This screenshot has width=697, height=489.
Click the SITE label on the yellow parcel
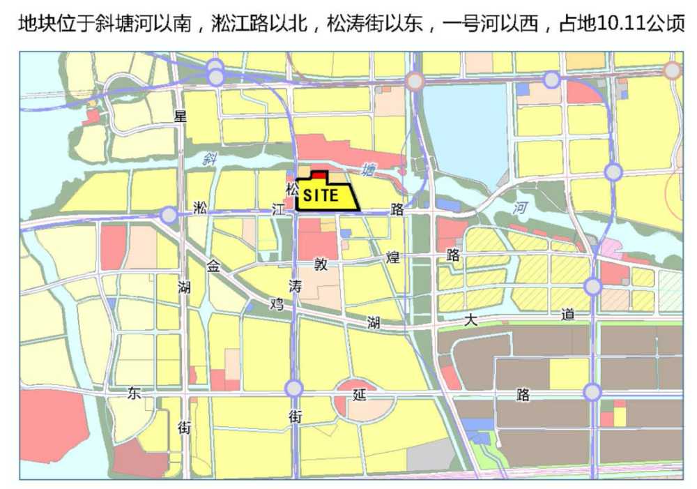(x=321, y=196)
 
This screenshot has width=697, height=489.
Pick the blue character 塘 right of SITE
(x=367, y=170)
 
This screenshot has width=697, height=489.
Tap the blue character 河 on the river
(x=519, y=207)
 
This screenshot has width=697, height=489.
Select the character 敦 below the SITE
(x=320, y=265)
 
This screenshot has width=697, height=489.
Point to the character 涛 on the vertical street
(x=295, y=285)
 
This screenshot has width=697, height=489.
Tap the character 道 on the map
(x=568, y=315)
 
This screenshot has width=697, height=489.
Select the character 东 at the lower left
(x=134, y=393)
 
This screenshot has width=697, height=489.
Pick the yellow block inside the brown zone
(x=569, y=374)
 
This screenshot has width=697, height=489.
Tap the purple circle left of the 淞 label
(x=169, y=215)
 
